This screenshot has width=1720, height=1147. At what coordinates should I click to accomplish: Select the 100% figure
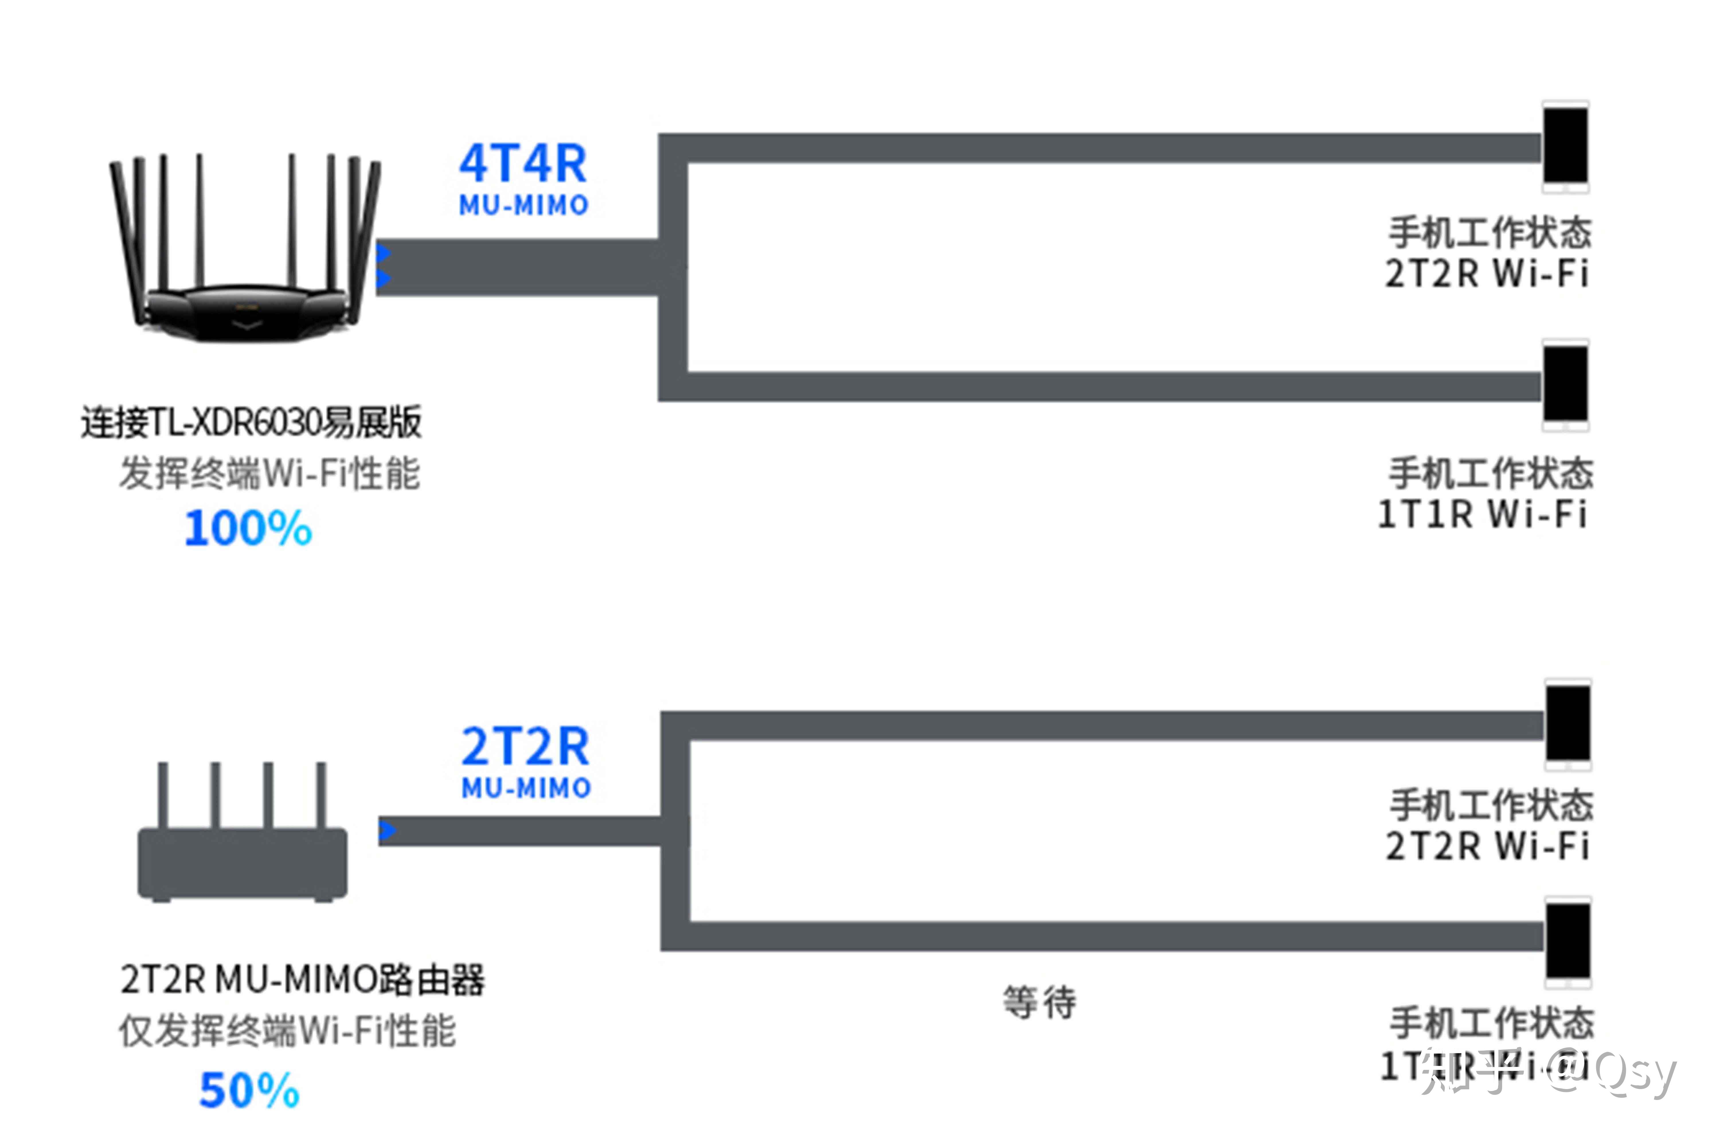(x=248, y=528)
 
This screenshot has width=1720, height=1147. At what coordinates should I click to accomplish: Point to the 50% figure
(x=249, y=1090)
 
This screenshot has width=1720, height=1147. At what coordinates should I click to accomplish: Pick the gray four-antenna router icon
(x=243, y=834)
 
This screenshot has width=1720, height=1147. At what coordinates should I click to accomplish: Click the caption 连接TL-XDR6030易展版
(x=251, y=422)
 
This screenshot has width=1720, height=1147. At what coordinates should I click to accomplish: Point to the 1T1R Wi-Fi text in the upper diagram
(x=1482, y=514)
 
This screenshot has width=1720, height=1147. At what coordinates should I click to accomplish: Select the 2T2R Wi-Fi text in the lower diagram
(x=1488, y=846)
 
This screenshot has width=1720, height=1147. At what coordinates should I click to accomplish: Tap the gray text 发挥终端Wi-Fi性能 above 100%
(x=269, y=473)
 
